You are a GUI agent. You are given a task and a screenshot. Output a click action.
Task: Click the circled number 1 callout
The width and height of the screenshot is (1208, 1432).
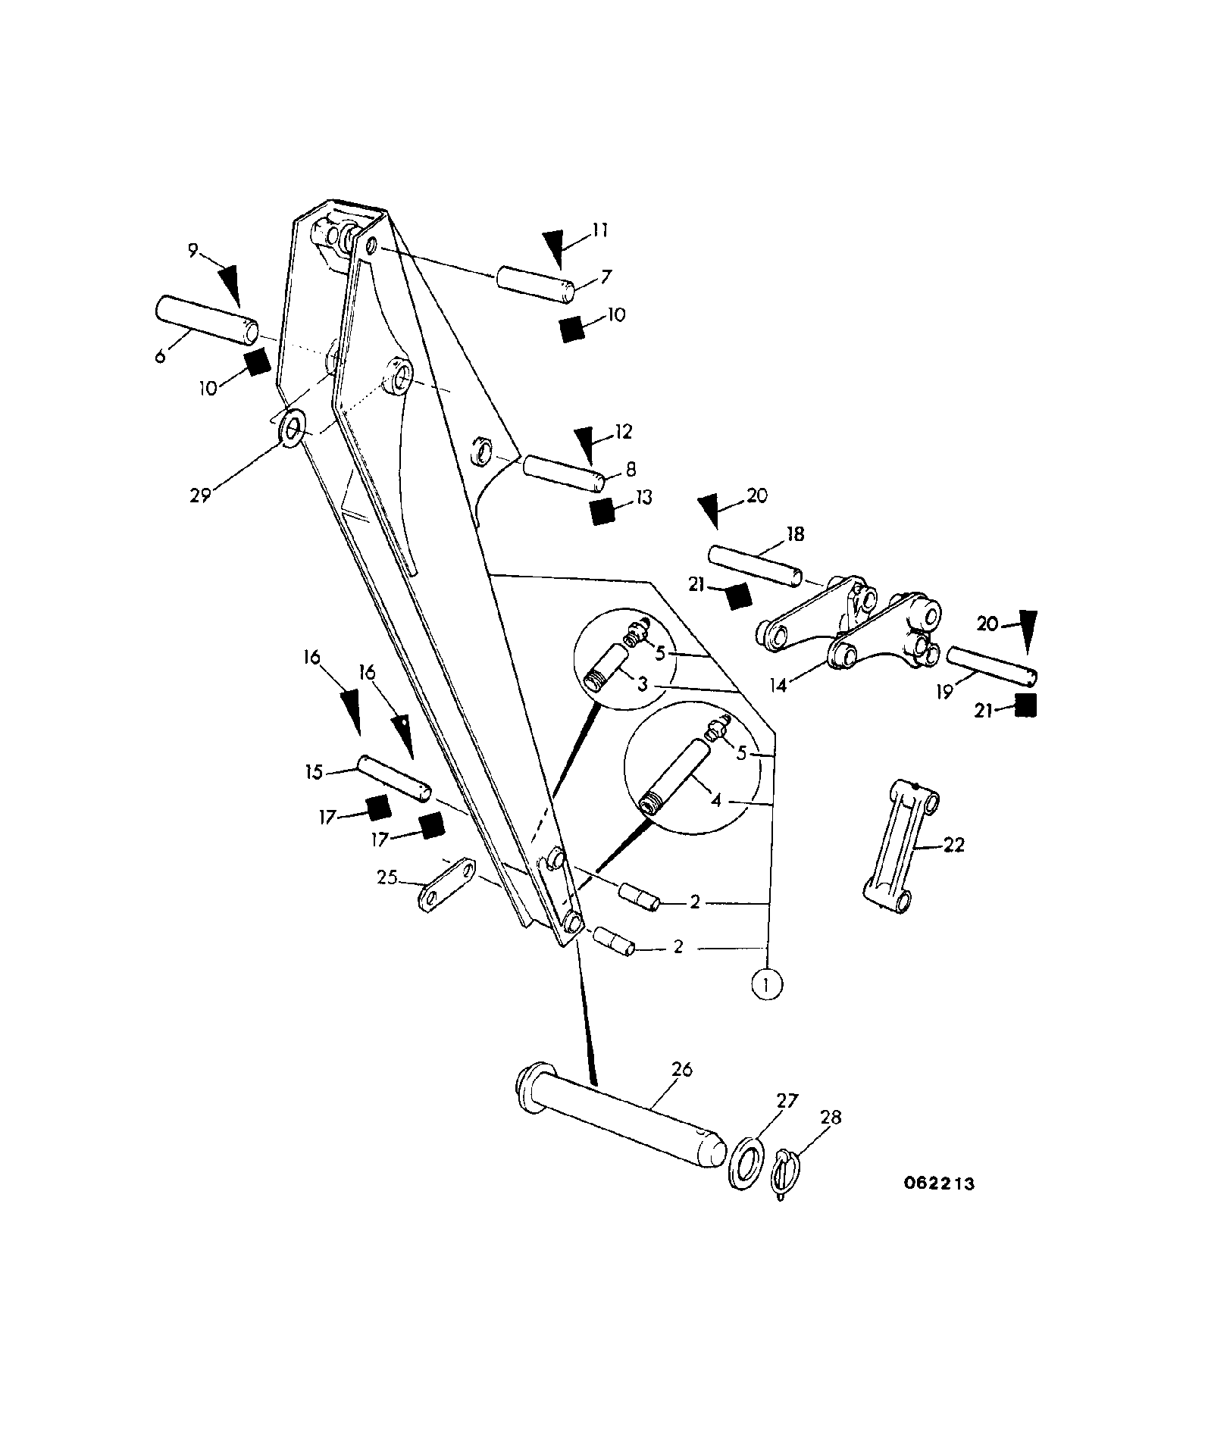coord(767,984)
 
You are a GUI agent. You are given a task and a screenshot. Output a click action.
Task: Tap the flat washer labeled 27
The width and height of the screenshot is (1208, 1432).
coord(748,1162)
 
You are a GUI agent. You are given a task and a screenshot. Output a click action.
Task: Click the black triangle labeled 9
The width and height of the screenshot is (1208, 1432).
coord(229,285)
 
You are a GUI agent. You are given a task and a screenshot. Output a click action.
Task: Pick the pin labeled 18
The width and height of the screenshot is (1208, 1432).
coord(755,565)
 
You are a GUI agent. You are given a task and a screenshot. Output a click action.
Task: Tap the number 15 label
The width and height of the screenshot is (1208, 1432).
coord(314,773)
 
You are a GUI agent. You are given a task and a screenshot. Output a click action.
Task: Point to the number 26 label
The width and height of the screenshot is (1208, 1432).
coord(681,1069)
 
